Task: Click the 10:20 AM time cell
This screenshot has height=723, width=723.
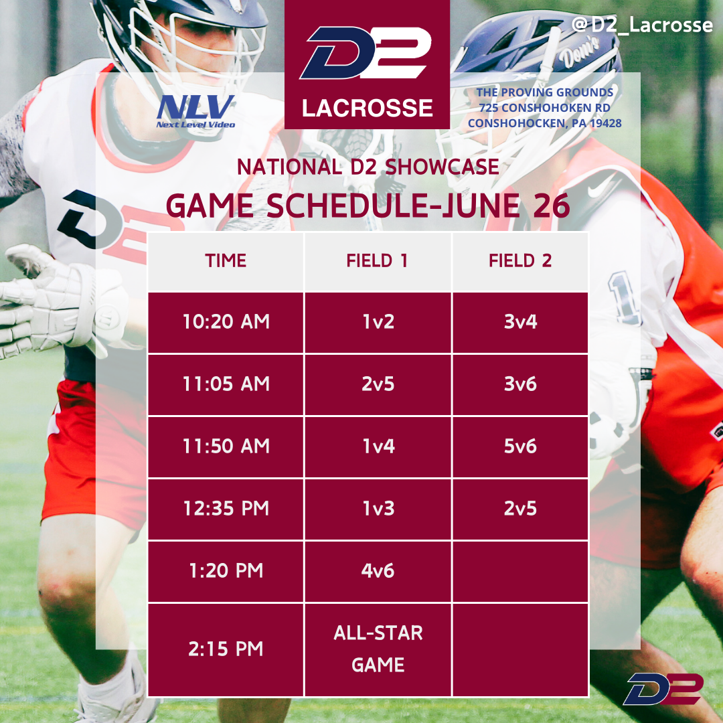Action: coord(226,322)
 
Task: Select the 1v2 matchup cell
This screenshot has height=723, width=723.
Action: coord(378,322)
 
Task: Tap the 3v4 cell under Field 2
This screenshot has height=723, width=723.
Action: coord(520,322)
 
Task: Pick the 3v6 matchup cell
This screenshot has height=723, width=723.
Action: coord(520,384)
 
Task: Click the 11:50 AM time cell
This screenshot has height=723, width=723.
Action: coord(226,447)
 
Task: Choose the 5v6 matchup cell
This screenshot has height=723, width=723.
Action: coord(520,447)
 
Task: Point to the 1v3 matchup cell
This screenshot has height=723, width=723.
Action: coord(378,509)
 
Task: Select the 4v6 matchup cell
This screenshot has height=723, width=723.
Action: coord(378,571)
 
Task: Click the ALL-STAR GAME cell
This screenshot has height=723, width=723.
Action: coord(378,649)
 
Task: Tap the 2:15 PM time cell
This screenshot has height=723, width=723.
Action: coord(226,649)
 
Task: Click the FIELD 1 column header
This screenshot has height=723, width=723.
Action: coord(378,262)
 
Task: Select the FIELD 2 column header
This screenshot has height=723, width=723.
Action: coord(520,262)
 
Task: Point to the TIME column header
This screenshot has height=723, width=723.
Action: coord(226,262)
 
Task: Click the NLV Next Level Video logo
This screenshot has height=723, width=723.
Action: coord(195,111)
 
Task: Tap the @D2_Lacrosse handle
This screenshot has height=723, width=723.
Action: coord(642,25)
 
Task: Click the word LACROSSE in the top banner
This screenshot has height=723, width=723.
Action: coord(368,108)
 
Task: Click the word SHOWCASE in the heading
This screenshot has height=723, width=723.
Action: coord(443,167)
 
